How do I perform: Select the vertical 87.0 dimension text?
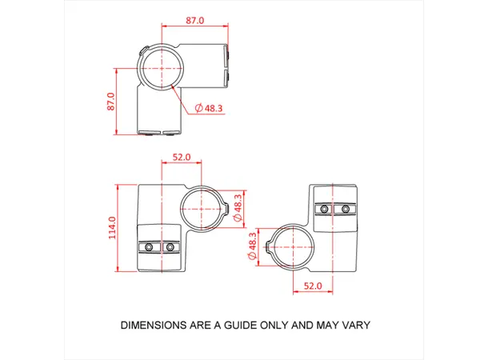pos(111,102)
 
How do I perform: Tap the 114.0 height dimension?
pos(112,228)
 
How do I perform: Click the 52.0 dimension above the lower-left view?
pos(182,158)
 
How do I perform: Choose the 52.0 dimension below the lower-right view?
pos(312,285)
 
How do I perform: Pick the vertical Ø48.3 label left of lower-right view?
pos(253,247)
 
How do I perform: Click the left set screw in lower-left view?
pos(150,247)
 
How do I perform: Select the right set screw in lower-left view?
pos(170,247)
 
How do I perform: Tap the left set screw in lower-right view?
pos(323,209)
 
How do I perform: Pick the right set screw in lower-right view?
pos(345,209)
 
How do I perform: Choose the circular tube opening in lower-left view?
pos(202,210)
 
